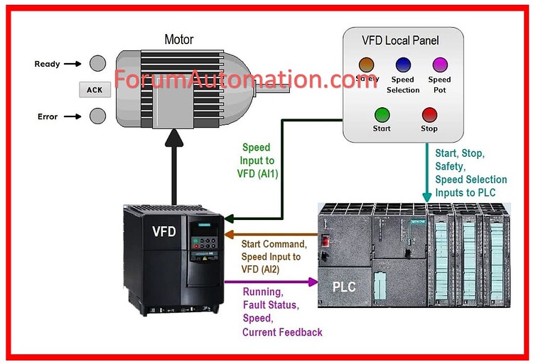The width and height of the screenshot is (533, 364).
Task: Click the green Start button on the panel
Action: coord(382,114)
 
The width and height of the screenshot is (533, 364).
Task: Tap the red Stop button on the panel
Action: coord(429,114)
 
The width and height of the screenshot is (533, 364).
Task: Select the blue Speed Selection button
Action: coord(403,65)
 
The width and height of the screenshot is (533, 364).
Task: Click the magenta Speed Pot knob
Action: coord(440,65)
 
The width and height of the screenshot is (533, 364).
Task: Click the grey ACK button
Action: coord(95,90)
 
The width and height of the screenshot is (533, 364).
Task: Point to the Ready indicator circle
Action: coord(97,64)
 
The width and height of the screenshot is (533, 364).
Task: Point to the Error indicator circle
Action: coord(97,116)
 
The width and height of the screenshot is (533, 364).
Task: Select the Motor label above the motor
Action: coord(179,38)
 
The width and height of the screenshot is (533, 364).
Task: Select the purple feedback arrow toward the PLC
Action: coord(270,282)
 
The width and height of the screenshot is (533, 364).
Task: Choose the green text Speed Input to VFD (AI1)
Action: coord(257,160)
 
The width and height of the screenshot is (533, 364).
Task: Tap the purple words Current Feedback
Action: coord(282,331)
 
